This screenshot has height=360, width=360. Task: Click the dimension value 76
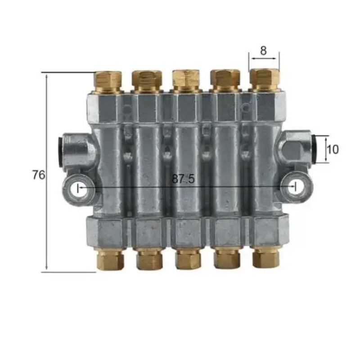tap(39, 175)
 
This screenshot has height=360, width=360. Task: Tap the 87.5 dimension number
tap(183, 179)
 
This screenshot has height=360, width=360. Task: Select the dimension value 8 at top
tap(263, 50)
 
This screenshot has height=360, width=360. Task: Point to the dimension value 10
tap(333, 149)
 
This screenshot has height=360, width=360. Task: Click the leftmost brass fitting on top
tap(108, 82)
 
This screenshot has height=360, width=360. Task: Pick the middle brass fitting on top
tap(186, 81)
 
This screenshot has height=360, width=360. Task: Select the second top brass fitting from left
tap(147, 81)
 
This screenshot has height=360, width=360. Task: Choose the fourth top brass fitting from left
tap(225, 81)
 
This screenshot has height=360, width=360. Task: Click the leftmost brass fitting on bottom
tap(110, 259)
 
